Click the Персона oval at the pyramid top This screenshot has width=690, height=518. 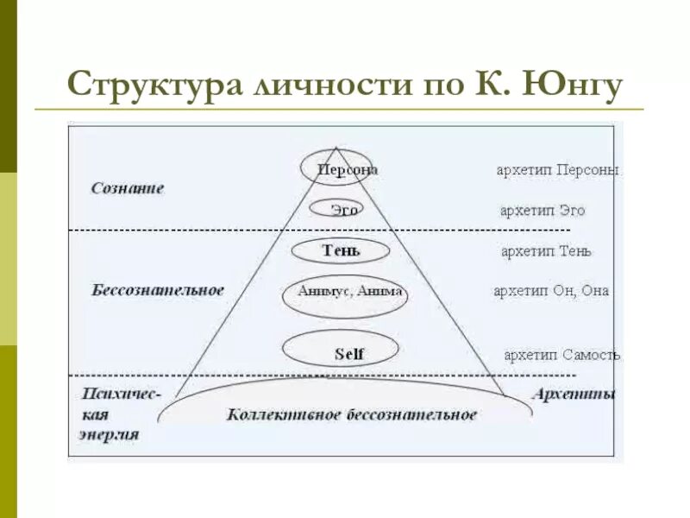336,169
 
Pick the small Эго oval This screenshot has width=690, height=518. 342,210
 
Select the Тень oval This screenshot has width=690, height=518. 341,250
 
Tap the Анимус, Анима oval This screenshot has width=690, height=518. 344,292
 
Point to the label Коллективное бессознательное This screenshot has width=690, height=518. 351,414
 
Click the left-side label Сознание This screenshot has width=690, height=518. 127,188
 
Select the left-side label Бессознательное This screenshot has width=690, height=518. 158,290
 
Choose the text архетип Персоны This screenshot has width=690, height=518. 557,170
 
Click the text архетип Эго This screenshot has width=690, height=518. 543,211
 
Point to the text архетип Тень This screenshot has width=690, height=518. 546,251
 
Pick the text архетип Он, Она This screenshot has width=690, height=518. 551,291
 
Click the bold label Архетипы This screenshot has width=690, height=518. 574,394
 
